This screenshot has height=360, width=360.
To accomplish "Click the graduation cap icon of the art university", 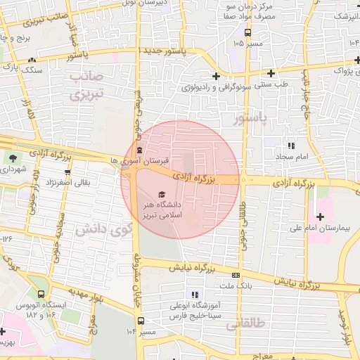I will coord(162,194).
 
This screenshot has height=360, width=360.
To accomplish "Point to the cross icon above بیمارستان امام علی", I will coord(321,216).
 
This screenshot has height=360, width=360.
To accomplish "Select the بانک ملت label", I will coord(236,287).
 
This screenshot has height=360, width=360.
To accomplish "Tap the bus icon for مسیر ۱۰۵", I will coord(247,32).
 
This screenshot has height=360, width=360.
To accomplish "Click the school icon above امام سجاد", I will coord(289,145).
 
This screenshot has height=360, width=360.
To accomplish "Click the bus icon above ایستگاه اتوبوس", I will coord(41,294).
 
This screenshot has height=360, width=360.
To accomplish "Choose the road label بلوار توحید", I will coord(345,327).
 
